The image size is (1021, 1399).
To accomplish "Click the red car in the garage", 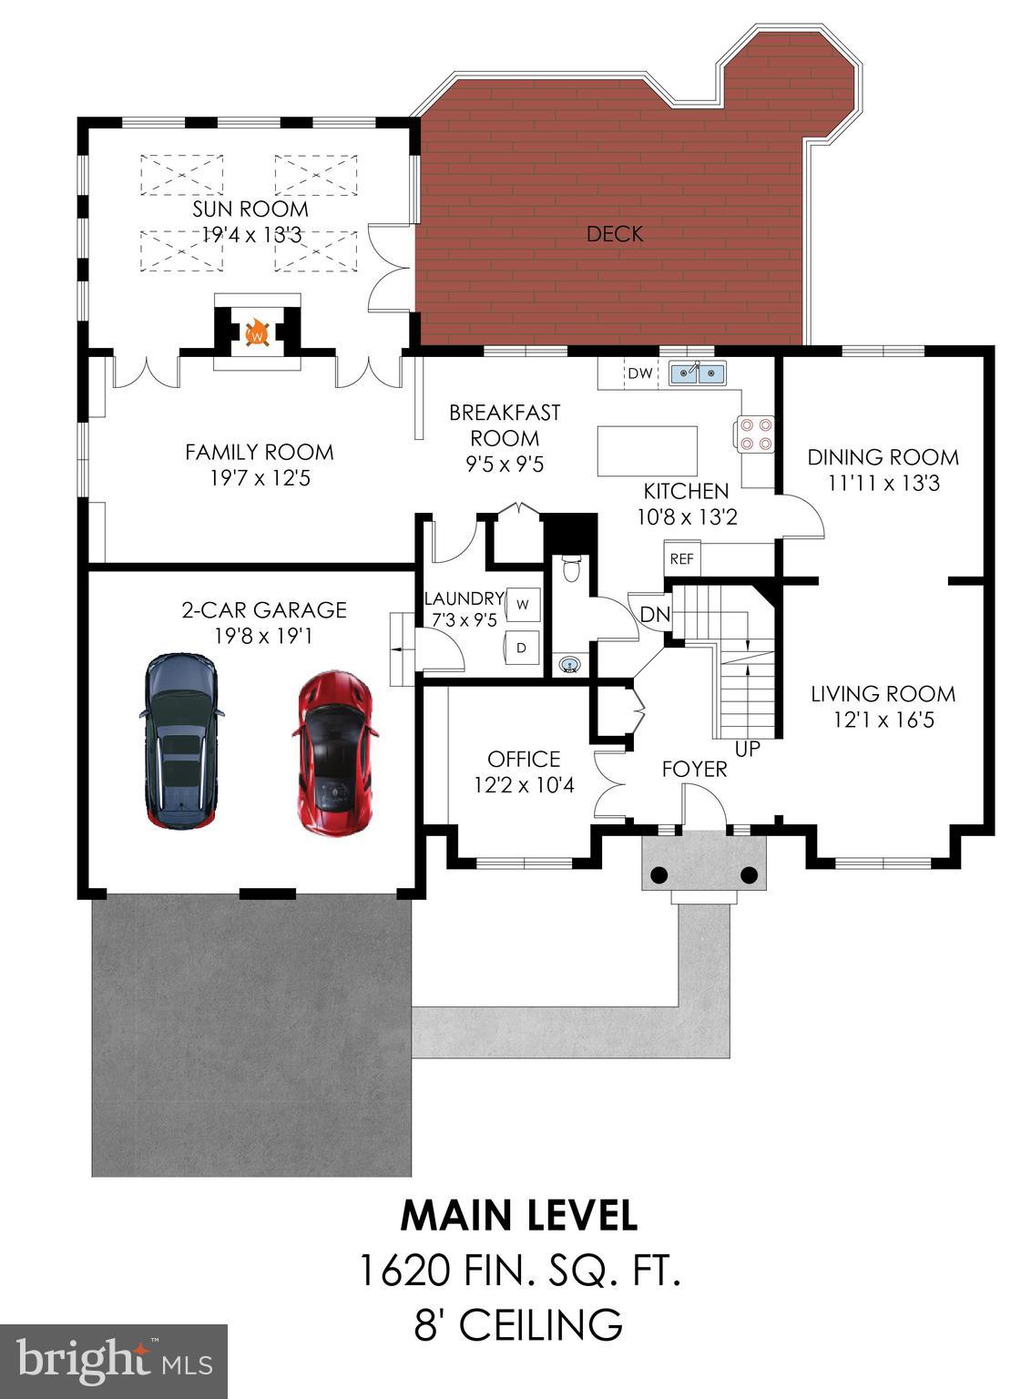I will pyautogui.click(x=334, y=754).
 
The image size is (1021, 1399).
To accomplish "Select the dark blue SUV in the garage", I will pyautogui.click(x=182, y=740).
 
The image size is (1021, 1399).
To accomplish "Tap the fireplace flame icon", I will pyautogui.click(x=258, y=332).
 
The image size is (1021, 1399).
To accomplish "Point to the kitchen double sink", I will pyautogui.click(x=698, y=373).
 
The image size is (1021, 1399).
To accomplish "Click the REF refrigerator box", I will pyautogui.click(x=681, y=559).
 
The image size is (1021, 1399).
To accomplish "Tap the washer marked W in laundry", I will pyautogui.click(x=523, y=603).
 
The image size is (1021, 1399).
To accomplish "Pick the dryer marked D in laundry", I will pyautogui.click(x=522, y=648).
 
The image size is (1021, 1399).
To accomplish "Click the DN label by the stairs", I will pyautogui.click(x=655, y=615).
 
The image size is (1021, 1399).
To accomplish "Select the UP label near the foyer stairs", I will pyautogui.click(x=747, y=750).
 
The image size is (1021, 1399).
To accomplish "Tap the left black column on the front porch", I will pyautogui.click(x=659, y=875).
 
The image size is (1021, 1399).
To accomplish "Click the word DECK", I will pyautogui.click(x=615, y=234).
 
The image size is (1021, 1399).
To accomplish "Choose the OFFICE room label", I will pyautogui.click(x=524, y=759).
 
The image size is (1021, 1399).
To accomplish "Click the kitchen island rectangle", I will pyautogui.click(x=648, y=451).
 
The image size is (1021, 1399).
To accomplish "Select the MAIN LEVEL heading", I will pyautogui.click(x=519, y=1215).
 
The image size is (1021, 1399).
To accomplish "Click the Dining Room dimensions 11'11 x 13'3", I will pyautogui.click(x=883, y=483).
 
